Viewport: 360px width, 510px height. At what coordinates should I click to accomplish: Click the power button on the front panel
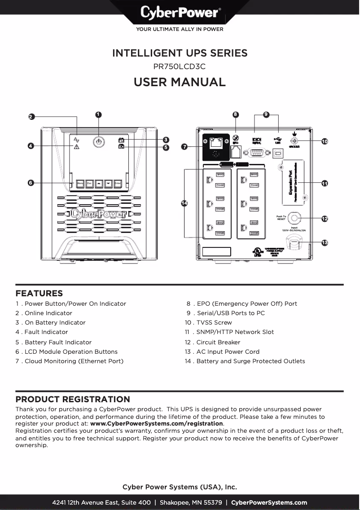tap(98, 142)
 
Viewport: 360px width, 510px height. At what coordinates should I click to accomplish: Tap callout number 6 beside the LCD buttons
tap(31, 183)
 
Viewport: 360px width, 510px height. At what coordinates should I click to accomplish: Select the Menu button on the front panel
tap(80, 184)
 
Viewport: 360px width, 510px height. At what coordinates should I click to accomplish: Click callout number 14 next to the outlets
tap(184, 203)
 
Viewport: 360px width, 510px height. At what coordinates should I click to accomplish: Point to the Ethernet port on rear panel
tap(217, 143)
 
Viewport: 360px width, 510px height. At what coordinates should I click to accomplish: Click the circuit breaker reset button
tap(294, 219)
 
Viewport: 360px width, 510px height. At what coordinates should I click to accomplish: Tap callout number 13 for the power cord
tap(325, 243)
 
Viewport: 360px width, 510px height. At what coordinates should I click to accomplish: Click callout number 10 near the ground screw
tap(325, 141)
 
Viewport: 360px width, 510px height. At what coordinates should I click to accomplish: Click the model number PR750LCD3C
tap(180, 66)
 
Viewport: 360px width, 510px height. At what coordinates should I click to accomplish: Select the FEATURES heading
tap(39, 294)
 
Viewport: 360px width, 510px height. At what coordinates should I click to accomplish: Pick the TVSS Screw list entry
tap(214, 323)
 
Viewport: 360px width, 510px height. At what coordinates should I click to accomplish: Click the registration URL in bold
tap(157, 424)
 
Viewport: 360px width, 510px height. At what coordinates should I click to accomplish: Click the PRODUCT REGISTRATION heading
tap(73, 400)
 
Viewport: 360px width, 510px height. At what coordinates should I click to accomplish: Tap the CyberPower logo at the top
tap(180, 13)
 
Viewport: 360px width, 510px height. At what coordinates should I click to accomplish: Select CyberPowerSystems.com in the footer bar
tap(269, 503)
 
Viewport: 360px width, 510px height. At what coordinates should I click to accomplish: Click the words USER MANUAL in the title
tap(180, 82)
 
